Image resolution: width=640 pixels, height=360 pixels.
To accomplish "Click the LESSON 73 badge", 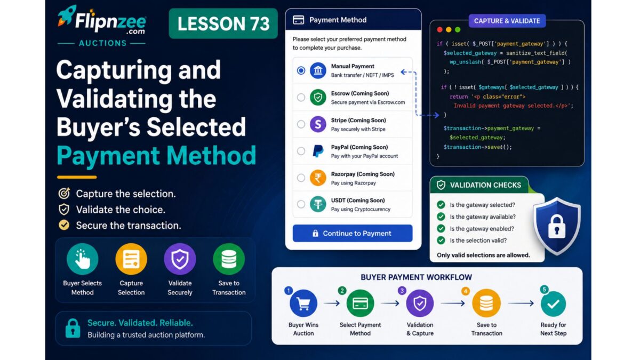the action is pos(223,23).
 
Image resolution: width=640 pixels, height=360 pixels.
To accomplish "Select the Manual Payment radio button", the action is pos(301,70).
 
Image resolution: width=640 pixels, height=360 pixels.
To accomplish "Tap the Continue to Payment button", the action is pos(353,233).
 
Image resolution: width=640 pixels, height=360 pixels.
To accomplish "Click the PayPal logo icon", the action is pos(318,151).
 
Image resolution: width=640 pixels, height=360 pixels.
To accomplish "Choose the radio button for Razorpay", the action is pos(301,178).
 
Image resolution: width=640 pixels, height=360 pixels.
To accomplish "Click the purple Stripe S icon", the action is pos(318,124).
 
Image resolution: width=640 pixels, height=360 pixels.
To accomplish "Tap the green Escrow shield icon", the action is pos(318,97).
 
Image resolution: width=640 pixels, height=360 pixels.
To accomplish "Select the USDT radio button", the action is pos(301,204).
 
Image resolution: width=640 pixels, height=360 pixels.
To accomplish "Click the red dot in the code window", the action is pos(439,29).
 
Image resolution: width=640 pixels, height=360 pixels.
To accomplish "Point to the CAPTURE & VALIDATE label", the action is pos(507,21).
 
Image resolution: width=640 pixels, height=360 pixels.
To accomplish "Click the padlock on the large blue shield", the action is pos(557,227).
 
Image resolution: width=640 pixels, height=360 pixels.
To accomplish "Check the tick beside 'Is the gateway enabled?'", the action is pos(441,229).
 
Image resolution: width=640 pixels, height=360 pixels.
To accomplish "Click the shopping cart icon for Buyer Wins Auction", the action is pos(303,303).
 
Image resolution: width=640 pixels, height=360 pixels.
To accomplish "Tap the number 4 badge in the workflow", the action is pos(466,291).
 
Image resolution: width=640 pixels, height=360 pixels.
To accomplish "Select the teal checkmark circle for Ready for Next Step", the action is pos(553,303).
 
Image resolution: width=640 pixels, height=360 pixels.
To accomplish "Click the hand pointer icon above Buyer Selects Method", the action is pos(82,259).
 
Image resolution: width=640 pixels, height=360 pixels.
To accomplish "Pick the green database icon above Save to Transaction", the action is pos(229,259).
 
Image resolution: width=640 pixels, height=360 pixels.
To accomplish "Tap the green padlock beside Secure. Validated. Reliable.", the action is pos(73,329).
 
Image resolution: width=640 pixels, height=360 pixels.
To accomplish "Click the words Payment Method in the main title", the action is pos(156,155).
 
